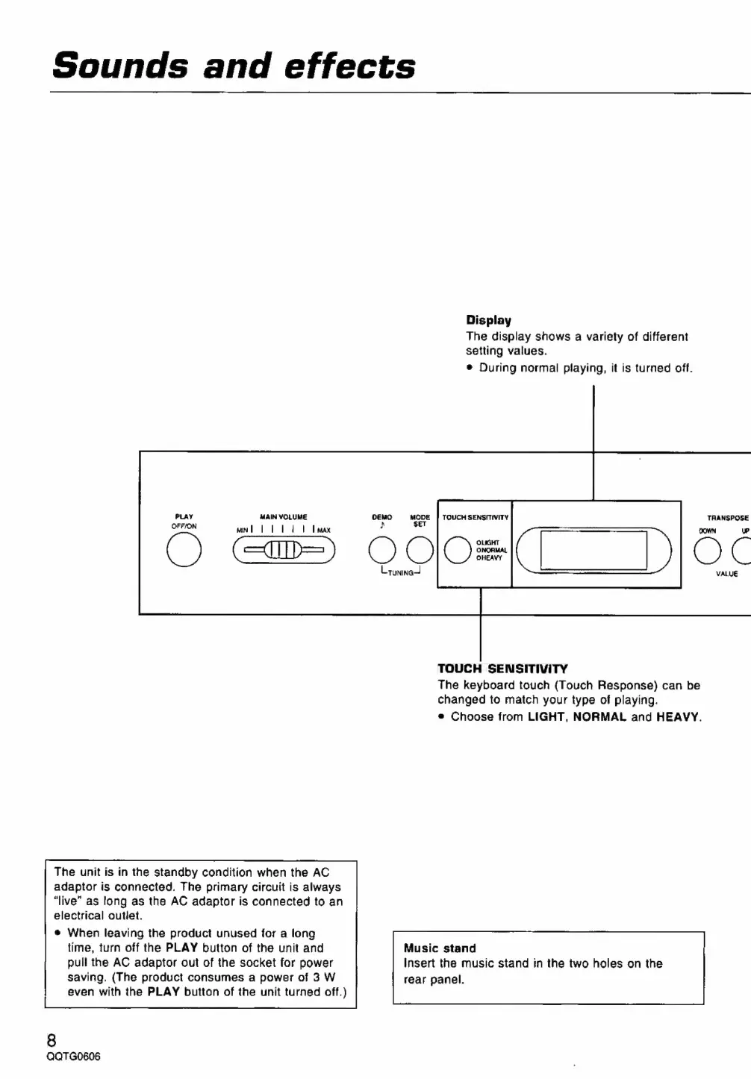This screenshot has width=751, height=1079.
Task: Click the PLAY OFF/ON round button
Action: coord(184,551)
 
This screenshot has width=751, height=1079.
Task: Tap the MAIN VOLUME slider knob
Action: coord(284,551)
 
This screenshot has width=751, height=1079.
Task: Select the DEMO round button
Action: coord(382,551)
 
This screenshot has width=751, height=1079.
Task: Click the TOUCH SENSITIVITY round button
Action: coord(457,551)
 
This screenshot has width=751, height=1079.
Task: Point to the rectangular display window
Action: coord(593,551)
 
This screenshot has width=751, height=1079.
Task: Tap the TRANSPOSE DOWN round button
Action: coord(707,551)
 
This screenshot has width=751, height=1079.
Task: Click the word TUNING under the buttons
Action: coord(400,573)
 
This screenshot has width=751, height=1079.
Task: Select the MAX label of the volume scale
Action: coord(324,531)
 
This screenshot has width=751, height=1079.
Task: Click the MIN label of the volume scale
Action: coord(242,531)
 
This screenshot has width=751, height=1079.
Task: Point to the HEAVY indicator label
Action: coord(490,558)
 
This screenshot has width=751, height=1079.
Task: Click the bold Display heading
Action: coord(489,320)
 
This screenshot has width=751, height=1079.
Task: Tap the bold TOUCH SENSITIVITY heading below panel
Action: coord(502,669)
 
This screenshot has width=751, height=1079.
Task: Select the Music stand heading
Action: coord(440,948)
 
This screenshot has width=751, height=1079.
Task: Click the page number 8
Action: coord(52,1040)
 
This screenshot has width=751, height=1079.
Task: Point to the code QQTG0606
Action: coord(73,1057)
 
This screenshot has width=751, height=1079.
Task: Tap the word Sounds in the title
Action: coord(120,66)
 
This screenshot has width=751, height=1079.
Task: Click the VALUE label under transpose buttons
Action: coord(726,574)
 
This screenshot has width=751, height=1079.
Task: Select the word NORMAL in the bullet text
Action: coord(599,716)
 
